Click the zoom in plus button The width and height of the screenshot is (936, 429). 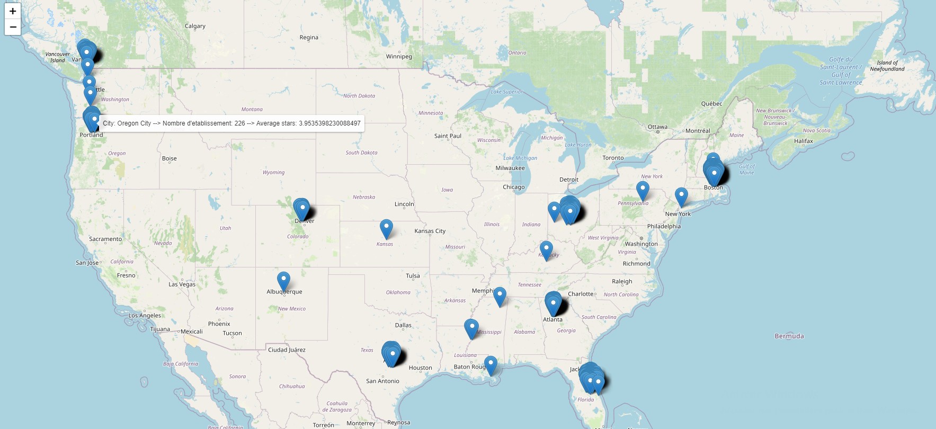pyautogui.click(x=13, y=11)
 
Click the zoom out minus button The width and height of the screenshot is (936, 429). pyautogui.click(x=13, y=27)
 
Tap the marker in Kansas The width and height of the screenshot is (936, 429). pyautogui.click(x=386, y=229)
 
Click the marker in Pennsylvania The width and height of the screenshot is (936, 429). pyautogui.click(x=643, y=191)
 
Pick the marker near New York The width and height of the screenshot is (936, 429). pyautogui.click(x=681, y=197)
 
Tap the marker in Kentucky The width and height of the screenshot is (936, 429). pyautogui.click(x=546, y=251)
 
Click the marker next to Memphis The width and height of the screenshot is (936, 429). pyautogui.click(x=500, y=297)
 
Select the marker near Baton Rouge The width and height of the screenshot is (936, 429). pyautogui.click(x=491, y=365)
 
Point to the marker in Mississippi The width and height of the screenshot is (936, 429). pyautogui.click(x=471, y=328)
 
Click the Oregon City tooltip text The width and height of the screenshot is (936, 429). pyautogui.click(x=231, y=123)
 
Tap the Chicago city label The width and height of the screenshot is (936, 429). pyautogui.click(x=513, y=187)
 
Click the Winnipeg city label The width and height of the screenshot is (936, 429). pyautogui.click(x=399, y=57)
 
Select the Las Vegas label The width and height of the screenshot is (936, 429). pyautogui.click(x=182, y=284)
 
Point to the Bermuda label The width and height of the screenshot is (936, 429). pyautogui.click(x=789, y=336)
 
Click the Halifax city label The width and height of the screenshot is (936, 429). pyautogui.click(x=803, y=141)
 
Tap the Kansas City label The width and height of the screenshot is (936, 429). pyautogui.click(x=430, y=231)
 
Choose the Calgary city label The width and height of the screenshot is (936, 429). pyautogui.click(x=195, y=26)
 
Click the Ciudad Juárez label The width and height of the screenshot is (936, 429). pyautogui.click(x=287, y=350)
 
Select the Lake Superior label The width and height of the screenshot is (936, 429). pyautogui.click(x=506, y=92)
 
